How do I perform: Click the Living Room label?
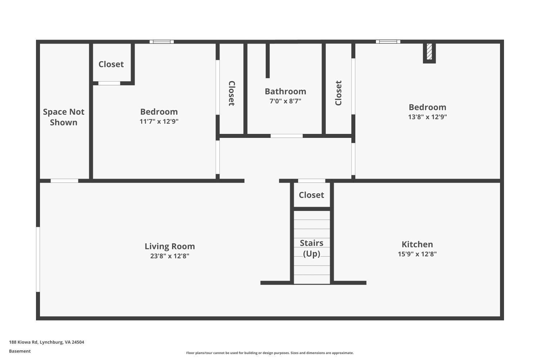170,246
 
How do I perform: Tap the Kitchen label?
417,244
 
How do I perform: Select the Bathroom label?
285,91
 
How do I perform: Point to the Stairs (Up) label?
311,248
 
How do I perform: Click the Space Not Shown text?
64,117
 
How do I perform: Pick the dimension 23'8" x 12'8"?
170,256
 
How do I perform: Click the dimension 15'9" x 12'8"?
417,254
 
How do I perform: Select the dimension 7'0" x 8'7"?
285,101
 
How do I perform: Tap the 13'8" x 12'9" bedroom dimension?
427,117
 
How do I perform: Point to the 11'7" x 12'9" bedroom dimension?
159,121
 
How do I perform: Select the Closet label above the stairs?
311,195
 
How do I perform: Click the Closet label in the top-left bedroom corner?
111,64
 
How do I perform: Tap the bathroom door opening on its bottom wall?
287,136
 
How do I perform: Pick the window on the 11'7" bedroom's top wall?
162,42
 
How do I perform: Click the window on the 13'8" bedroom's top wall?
388,42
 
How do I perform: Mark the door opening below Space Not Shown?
64,181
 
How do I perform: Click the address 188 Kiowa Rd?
46,342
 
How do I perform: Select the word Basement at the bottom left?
20,351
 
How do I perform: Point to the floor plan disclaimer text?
270,353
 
